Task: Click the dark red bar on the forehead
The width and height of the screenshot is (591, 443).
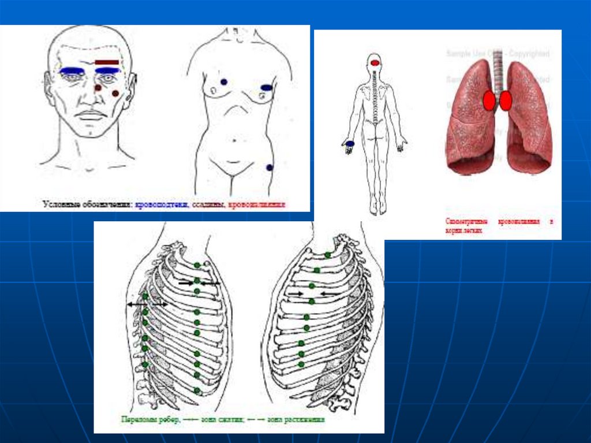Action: (107, 62)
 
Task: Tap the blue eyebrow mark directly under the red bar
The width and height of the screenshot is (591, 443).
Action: (107, 70)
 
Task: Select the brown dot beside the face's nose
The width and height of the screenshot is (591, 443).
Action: (98, 87)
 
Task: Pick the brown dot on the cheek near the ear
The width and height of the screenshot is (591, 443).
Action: (115, 93)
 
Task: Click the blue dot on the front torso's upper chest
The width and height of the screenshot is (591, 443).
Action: (223, 82)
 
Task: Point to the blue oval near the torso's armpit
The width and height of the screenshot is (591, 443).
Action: (266, 88)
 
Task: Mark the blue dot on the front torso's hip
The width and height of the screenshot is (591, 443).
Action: (269, 167)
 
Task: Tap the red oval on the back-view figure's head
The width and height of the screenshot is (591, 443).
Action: (375, 62)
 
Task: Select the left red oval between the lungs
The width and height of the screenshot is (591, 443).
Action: (488, 101)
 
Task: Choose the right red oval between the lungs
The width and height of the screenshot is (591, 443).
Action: (506, 101)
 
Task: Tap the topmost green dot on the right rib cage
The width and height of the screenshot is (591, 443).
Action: (327, 255)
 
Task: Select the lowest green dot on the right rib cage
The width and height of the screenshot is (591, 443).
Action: (301, 364)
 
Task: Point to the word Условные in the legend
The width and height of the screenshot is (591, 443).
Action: (59, 204)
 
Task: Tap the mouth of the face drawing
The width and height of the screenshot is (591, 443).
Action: (90, 115)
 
